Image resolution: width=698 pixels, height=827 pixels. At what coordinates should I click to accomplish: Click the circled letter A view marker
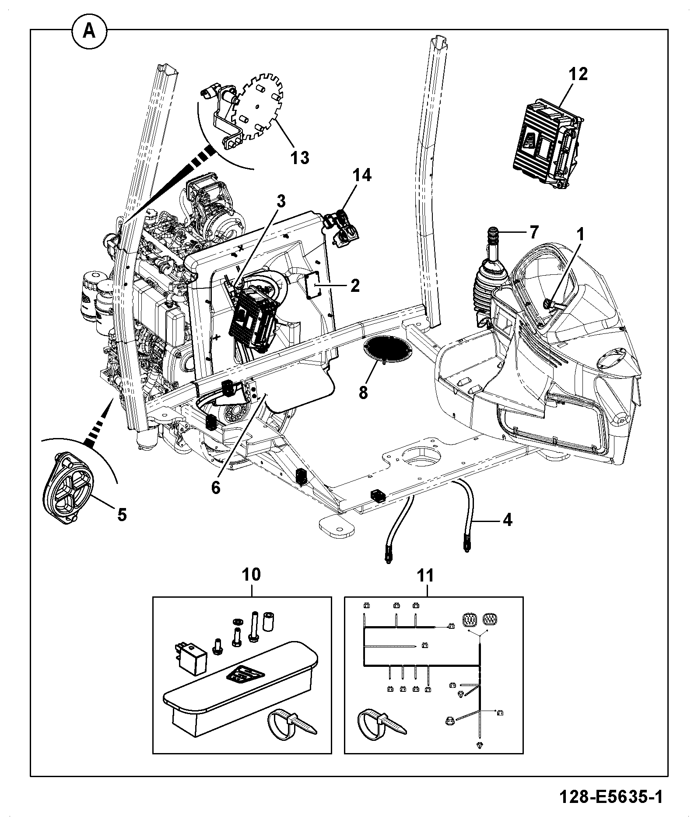[89, 32]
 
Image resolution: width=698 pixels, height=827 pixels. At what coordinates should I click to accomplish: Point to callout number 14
[362, 175]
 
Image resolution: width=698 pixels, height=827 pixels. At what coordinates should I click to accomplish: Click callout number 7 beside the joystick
[533, 232]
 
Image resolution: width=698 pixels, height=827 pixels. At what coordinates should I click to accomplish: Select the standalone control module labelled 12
[549, 144]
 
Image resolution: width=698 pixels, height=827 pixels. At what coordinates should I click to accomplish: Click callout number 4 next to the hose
[507, 520]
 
